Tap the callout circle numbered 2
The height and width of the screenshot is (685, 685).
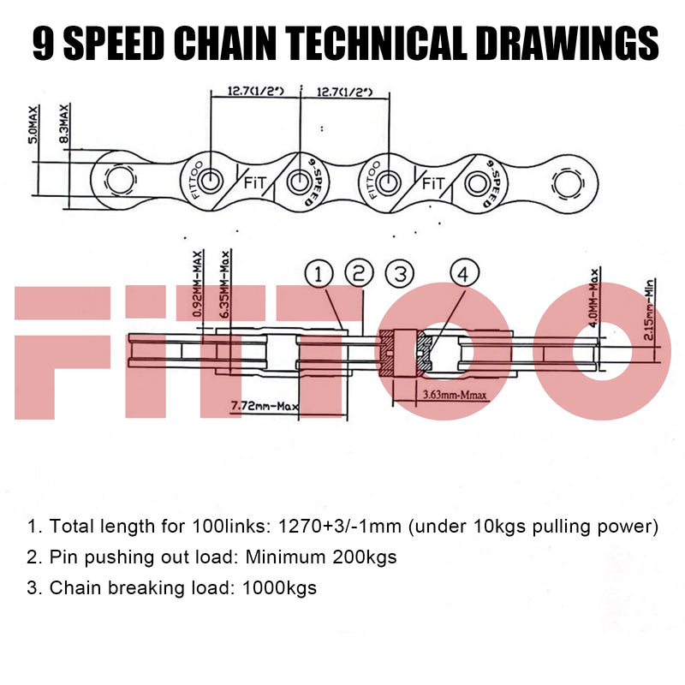[x=360, y=274]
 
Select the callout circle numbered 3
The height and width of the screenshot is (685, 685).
[x=400, y=274]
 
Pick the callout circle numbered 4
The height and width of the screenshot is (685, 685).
[x=462, y=274]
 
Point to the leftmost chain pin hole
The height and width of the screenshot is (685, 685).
[x=118, y=180]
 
